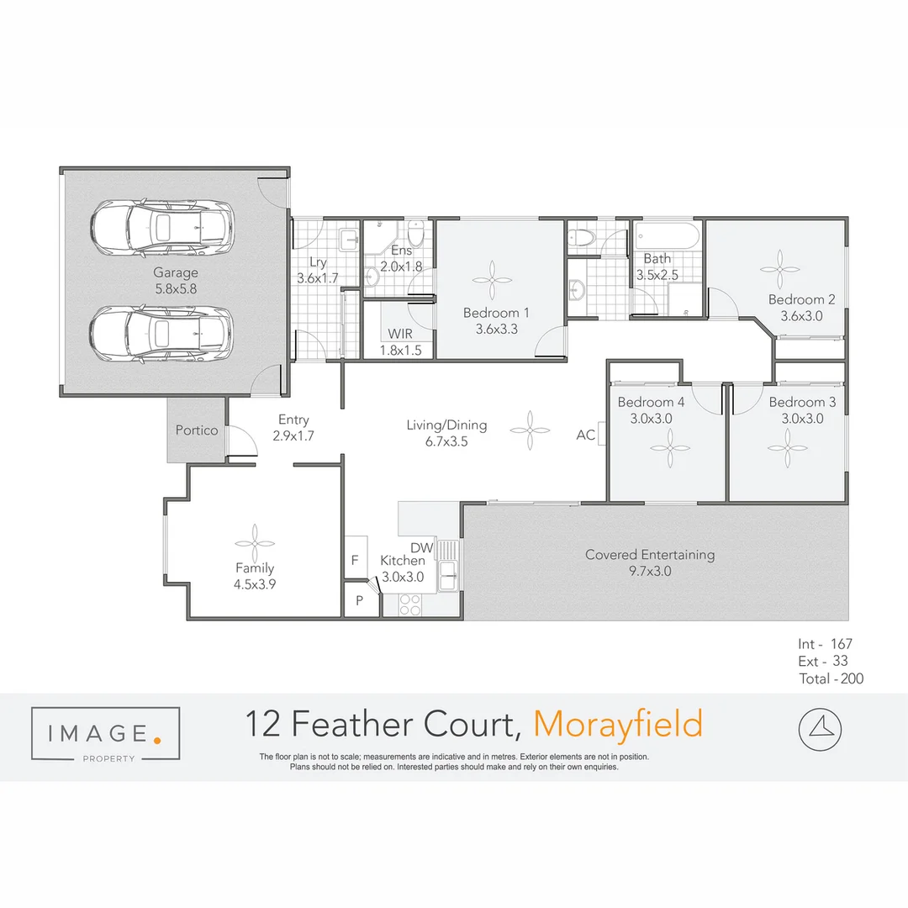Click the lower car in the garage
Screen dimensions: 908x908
[162, 334]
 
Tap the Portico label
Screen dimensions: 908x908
[197, 430]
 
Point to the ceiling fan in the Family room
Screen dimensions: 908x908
[254, 540]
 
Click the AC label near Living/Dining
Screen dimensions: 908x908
[586, 435]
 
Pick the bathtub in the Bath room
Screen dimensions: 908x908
[667, 235]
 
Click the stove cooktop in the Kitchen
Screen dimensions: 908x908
[410, 604]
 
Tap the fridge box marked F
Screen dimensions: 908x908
[354, 560]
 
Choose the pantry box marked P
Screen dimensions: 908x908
[360, 600]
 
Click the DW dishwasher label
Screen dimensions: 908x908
[421, 548]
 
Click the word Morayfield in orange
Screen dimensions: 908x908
[618, 724]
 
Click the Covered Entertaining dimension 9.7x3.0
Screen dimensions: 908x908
[649, 572]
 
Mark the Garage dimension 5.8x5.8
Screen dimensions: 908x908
[175, 288]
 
